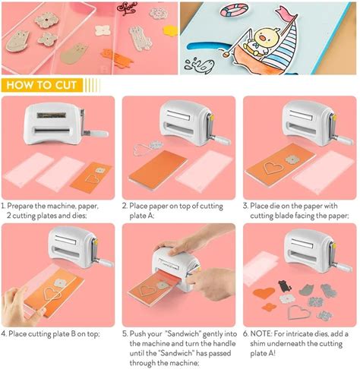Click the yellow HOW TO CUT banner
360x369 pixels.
click(x=42, y=85)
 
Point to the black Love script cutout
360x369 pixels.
click(x=127, y=8)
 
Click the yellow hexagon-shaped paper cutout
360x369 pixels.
click(x=170, y=31)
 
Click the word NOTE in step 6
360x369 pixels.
click(x=261, y=334)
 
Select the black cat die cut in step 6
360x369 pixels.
click(x=285, y=286)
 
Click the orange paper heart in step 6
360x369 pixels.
click(x=264, y=293)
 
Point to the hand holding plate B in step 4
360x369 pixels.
click(x=21, y=307)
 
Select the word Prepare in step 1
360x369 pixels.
click(x=20, y=206)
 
